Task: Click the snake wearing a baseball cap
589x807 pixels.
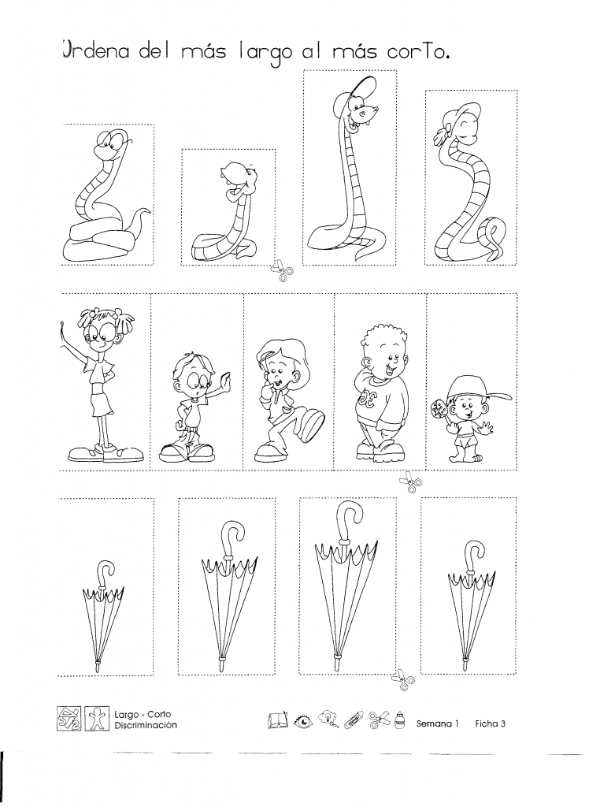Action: pyautogui.click(x=347, y=170)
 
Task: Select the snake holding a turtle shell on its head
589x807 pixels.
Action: pyautogui.click(x=226, y=211)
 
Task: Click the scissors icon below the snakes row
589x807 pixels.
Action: pyautogui.click(x=283, y=271)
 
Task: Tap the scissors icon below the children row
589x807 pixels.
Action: pyautogui.click(x=411, y=482)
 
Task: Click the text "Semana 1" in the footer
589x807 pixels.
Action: pyautogui.click(x=437, y=723)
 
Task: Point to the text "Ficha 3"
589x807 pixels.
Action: pyautogui.click(x=491, y=723)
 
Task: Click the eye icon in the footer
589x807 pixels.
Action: pyautogui.click(x=303, y=723)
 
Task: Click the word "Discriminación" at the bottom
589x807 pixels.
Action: pyautogui.click(x=146, y=725)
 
